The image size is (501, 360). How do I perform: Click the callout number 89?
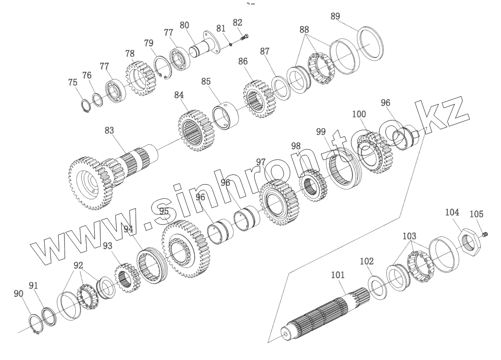coord(335,16)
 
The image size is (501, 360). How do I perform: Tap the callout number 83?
coord(109,130)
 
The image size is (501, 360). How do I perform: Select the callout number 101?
coord(338,274)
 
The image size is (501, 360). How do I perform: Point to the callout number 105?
coord(477,214)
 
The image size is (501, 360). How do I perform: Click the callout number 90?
coord(19,293)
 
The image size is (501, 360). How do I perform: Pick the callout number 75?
coord(73,82)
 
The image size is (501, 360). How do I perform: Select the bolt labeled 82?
coord(244,38)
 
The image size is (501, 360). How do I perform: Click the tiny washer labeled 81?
coord(231,45)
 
